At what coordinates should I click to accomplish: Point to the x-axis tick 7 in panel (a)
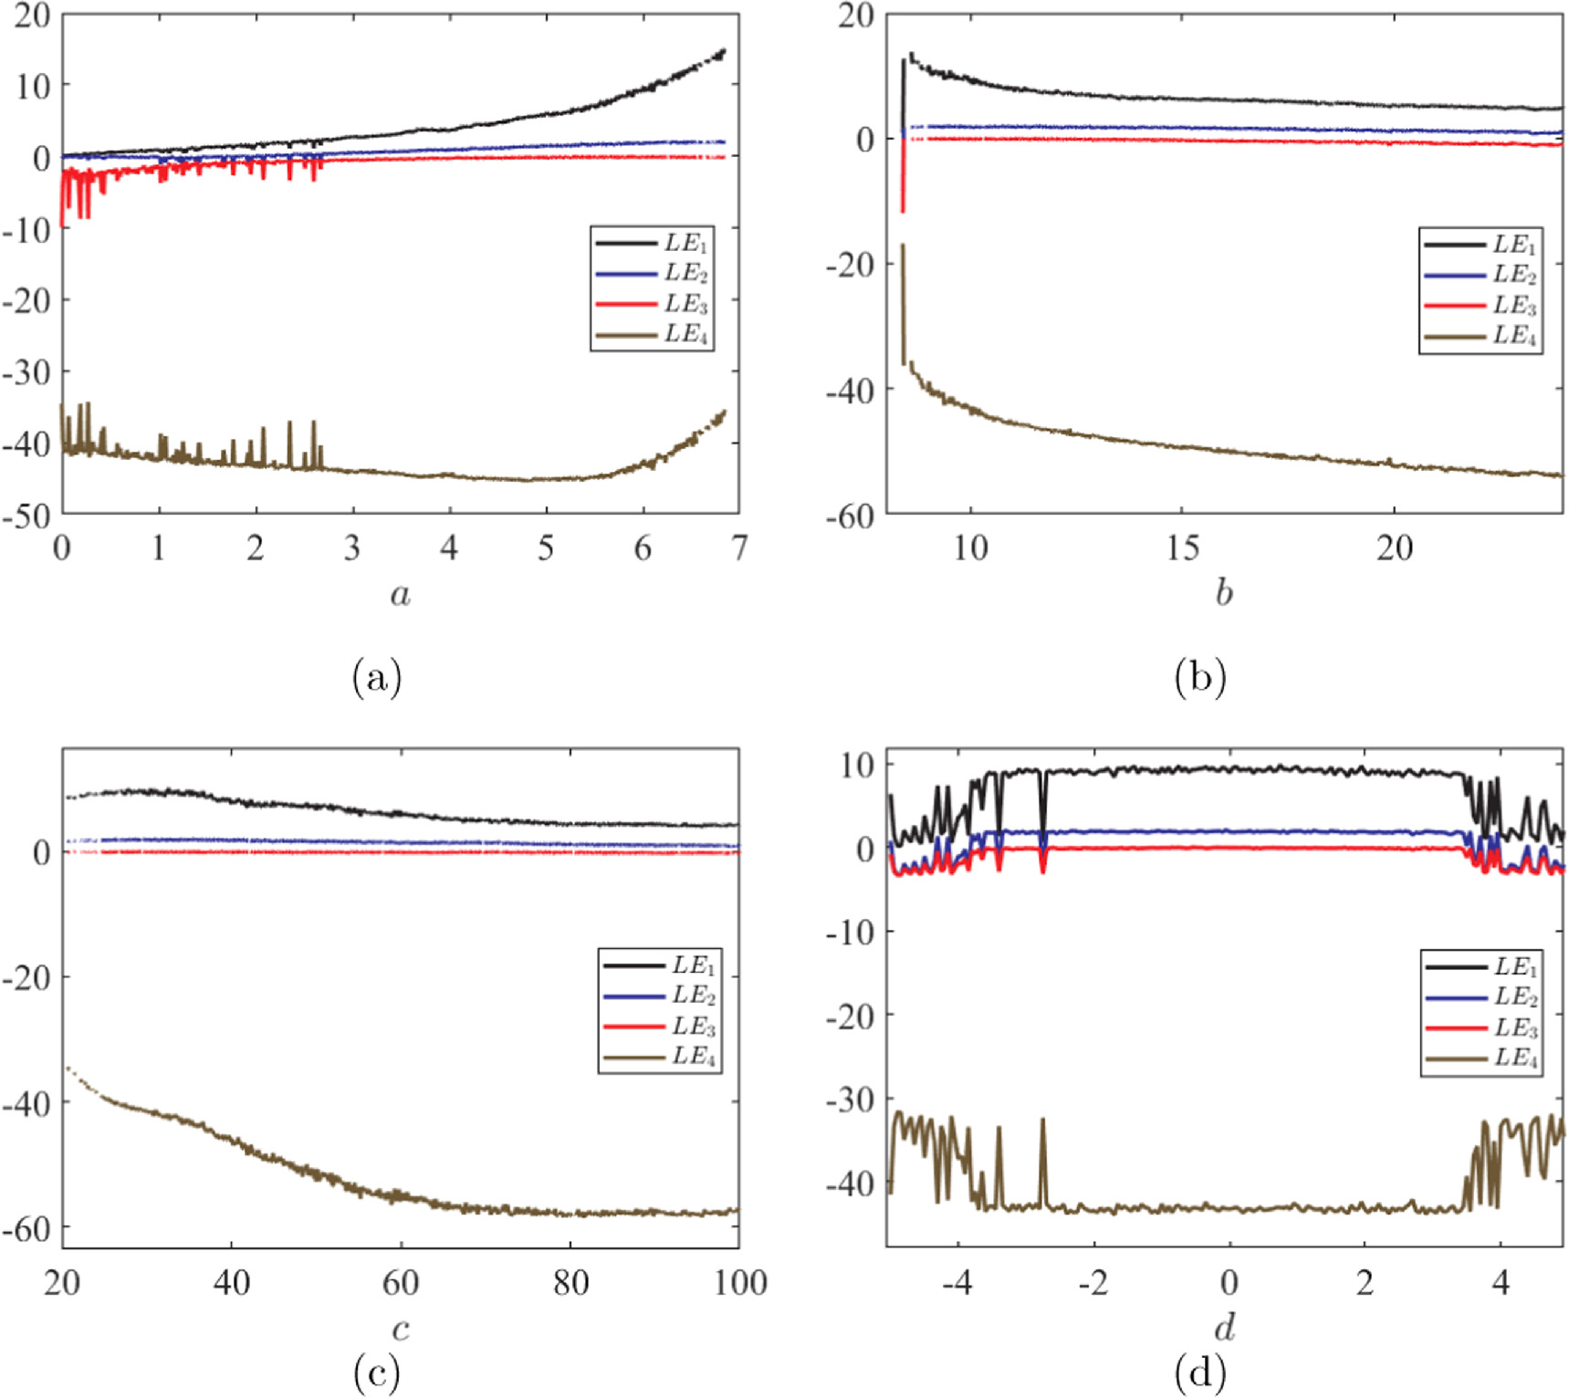(738, 548)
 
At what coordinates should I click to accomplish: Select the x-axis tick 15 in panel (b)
(1182, 548)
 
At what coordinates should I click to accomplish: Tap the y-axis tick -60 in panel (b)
(850, 516)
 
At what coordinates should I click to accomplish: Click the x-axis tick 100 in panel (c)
(739, 1283)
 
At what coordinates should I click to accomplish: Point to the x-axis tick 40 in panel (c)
(231, 1283)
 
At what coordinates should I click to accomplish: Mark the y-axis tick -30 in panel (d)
(850, 1100)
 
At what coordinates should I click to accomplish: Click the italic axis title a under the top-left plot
(400, 595)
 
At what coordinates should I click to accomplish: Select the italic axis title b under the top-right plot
(1224, 593)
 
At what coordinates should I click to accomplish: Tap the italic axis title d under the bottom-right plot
(1225, 1327)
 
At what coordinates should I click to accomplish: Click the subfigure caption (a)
(376, 678)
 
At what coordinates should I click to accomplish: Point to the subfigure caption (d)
(1200, 1372)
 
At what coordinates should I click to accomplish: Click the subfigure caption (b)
(1200, 678)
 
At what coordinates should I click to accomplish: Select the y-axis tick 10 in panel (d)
(858, 765)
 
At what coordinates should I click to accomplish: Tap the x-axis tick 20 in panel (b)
(1395, 548)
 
